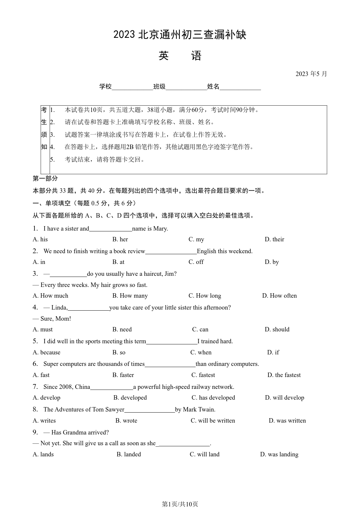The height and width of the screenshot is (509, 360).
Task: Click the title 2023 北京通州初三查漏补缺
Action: (x=180, y=35)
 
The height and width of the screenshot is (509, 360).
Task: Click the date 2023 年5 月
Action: (x=311, y=74)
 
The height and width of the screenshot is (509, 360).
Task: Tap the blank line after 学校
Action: (x=132, y=87)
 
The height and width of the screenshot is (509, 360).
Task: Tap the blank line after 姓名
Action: (x=240, y=87)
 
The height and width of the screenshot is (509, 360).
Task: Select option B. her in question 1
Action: (x=120, y=239)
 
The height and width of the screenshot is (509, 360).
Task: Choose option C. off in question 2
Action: (x=196, y=262)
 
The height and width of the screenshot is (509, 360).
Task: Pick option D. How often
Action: (x=280, y=296)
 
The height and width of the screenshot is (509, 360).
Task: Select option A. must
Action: (x=43, y=330)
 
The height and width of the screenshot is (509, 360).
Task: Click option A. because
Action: (x=46, y=353)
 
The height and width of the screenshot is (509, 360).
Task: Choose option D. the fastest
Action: (x=284, y=375)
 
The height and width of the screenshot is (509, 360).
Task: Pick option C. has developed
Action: (x=213, y=398)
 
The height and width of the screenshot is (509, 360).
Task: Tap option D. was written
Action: (x=287, y=421)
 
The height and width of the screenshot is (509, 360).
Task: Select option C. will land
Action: (x=205, y=455)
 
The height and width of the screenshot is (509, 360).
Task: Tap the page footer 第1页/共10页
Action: (x=180, y=504)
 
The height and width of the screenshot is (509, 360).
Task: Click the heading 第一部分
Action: (x=45, y=179)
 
